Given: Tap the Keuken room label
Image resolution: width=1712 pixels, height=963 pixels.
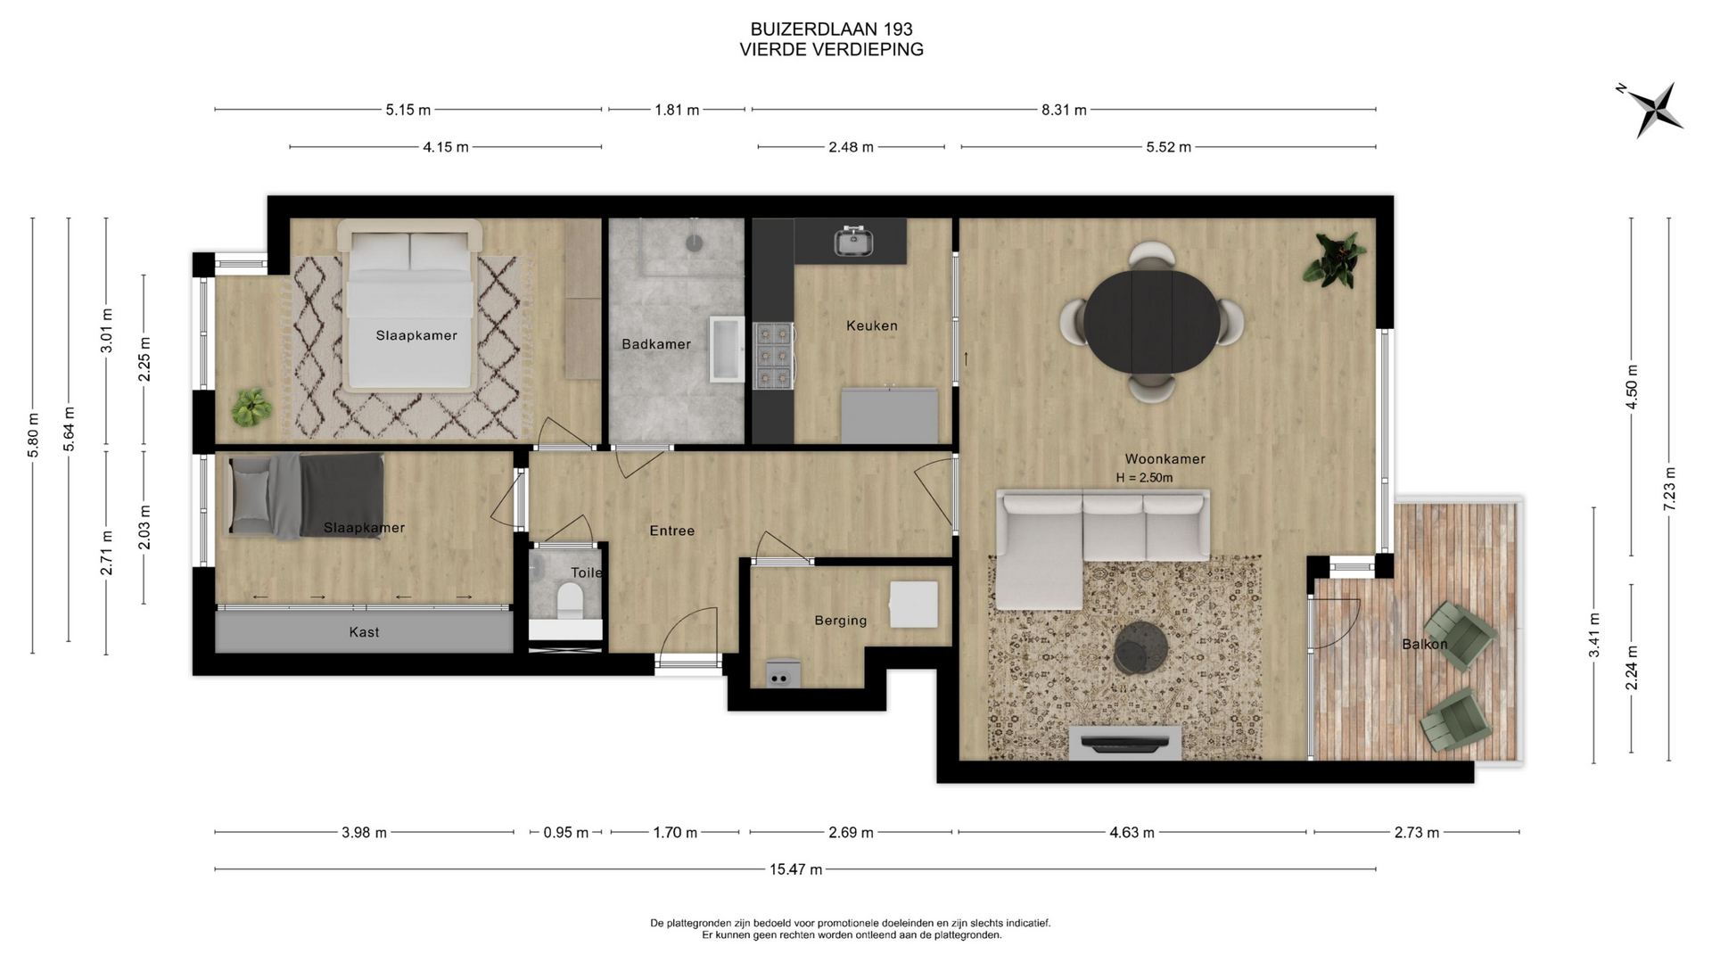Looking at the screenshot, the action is click(x=872, y=325).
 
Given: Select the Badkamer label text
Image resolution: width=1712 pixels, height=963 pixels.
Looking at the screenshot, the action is click(x=656, y=344).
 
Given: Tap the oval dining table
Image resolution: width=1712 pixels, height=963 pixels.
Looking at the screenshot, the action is click(x=1152, y=322).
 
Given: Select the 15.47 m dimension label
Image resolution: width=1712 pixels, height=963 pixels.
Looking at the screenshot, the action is click(x=795, y=869).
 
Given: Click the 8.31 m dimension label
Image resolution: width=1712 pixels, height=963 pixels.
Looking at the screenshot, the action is click(x=1064, y=111).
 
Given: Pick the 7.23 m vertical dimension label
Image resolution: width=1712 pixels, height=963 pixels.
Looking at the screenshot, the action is click(x=1669, y=489).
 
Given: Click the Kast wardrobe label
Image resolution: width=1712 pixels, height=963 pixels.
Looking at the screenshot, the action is click(x=364, y=632).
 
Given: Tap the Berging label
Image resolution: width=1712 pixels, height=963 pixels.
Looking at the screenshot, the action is click(x=840, y=621).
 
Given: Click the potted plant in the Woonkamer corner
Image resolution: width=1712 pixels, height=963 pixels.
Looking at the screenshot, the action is click(x=1334, y=259).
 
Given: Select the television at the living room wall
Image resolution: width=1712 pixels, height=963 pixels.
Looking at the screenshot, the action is click(x=1125, y=741).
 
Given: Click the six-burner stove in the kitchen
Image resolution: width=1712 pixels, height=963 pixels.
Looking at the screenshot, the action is click(x=773, y=355).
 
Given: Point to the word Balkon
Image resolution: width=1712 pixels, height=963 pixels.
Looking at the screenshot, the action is click(x=1424, y=644).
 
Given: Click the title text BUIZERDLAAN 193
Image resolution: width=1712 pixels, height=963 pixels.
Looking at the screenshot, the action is click(x=831, y=29).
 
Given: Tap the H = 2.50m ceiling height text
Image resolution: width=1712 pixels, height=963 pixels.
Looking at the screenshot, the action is click(x=1144, y=478).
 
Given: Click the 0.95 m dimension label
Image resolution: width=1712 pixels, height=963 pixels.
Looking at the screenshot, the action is click(x=566, y=833).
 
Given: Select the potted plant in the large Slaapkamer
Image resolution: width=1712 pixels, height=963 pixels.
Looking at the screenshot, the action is click(x=251, y=407).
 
